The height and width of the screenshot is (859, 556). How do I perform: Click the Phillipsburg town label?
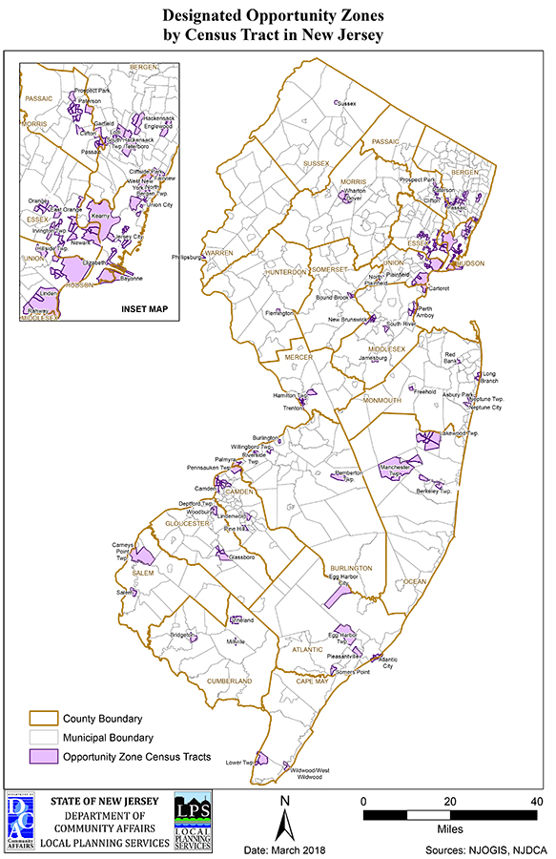coord(188,257)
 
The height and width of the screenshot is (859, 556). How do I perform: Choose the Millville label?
coord(233,641)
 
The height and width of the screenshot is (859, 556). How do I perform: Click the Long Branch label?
coord(489,376)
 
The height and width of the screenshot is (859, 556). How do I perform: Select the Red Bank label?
coord(452,358)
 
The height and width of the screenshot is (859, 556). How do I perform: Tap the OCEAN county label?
coord(415,581)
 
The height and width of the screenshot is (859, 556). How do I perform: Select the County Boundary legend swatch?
coord(42,719)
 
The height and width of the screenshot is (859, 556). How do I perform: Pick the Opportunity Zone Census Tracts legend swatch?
coord(42,757)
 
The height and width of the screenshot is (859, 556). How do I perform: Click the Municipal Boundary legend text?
coord(108,738)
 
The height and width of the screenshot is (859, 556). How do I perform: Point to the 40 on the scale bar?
coord(537,800)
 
